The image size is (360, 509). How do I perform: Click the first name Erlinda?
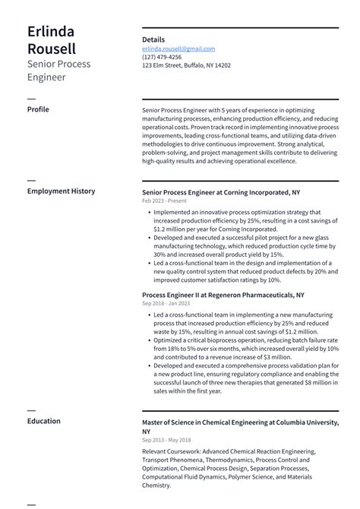click(51, 31)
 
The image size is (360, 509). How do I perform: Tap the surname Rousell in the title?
click(51, 49)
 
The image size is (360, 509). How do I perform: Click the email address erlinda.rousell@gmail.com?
click(178, 49)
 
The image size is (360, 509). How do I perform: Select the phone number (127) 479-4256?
click(162, 57)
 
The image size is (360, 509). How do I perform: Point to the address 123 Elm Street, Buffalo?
click(186, 65)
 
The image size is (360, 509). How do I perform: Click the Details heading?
click(153, 40)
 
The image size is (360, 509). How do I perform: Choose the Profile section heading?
click(38, 109)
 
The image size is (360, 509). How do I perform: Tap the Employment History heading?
click(61, 191)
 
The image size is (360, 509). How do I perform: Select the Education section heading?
click(44, 420)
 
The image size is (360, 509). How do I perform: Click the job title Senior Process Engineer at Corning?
click(220, 192)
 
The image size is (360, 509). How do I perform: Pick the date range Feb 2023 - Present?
click(165, 201)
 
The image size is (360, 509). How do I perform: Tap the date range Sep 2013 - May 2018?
click(166, 440)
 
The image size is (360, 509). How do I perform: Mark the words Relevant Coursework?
click(170, 451)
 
